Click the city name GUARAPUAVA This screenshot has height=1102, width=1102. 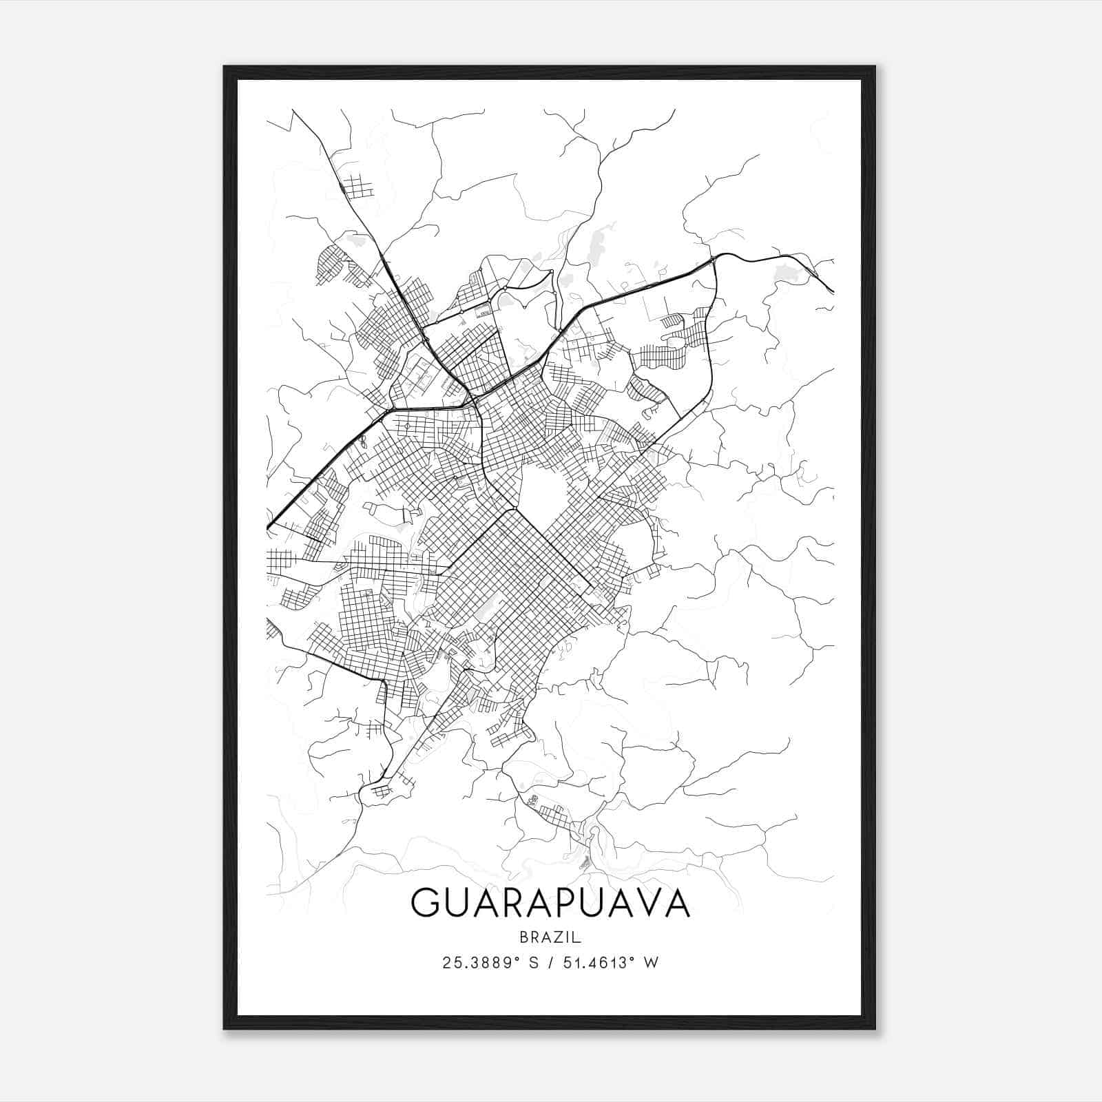click(x=550, y=903)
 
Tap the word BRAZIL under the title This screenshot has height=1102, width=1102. click(x=550, y=937)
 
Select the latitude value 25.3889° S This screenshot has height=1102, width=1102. click(x=491, y=963)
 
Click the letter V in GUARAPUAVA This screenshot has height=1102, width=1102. click(x=645, y=903)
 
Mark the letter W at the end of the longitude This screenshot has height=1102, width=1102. click(x=651, y=963)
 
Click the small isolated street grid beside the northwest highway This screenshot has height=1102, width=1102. click(x=357, y=187)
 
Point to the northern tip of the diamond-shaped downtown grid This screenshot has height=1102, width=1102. click(x=513, y=509)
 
